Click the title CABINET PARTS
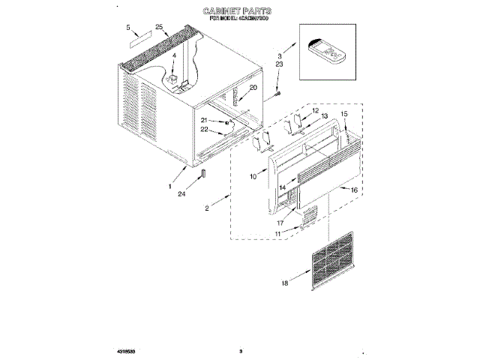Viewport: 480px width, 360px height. click(x=237, y=12)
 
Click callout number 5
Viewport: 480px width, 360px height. click(x=128, y=28)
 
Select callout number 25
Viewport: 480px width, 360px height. click(x=159, y=28)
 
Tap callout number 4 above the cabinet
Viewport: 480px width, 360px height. click(x=173, y=56)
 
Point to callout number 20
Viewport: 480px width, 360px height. click(x=253, y=88)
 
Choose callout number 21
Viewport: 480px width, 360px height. click(x=204, y=120)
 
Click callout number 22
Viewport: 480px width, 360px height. click(x=204, y=129)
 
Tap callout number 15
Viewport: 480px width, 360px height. click(x=345, y=114)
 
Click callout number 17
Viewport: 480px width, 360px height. click(x=280, y=222)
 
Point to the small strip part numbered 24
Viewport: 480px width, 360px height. click(x=202, y=175)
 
